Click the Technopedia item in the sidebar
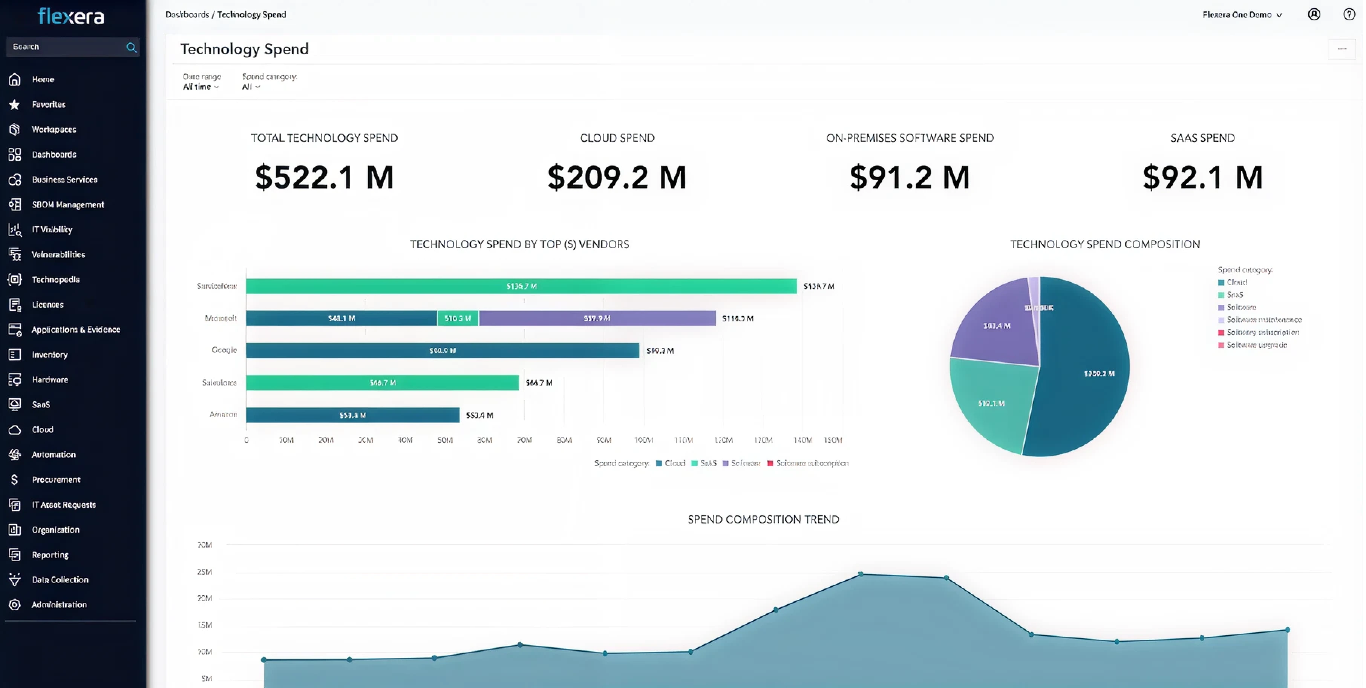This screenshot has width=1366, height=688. pos(55,279)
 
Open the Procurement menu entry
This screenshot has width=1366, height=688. pos(56,479)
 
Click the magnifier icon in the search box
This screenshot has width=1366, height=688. pos(131,47)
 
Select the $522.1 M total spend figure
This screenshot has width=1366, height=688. pos(324,177)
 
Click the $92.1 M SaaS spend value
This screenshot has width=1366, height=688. pos(1202,177)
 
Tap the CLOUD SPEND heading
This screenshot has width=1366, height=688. pos(617,138)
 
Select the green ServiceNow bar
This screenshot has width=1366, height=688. pos(521,286)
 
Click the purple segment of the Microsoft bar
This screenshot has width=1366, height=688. pos(597,318)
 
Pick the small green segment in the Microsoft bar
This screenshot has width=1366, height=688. pos(458,318)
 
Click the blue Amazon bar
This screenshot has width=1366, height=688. pos(353,415)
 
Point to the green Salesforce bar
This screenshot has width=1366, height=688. pos(382,382)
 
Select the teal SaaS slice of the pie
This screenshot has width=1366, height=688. pos(992,403)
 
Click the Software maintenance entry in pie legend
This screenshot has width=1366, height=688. pos(1263,320)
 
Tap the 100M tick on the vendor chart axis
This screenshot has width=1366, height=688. pos(644,440)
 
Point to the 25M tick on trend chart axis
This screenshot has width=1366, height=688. pos(205,572)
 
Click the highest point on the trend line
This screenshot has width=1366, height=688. pos(861,574)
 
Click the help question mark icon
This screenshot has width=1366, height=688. pos(1349,14)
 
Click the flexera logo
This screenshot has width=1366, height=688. pos(71,17)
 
